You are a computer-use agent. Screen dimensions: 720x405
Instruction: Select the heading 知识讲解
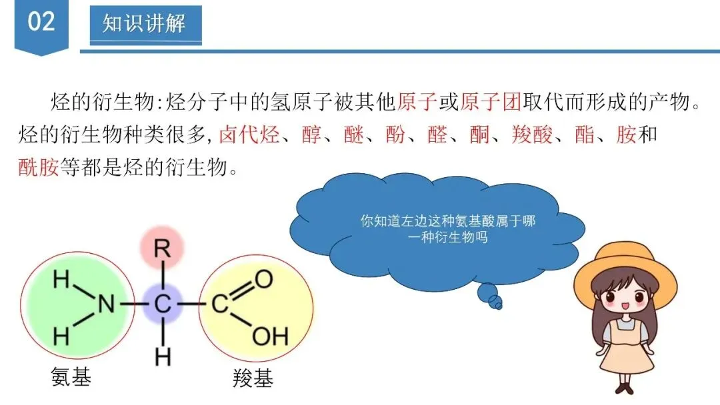145,24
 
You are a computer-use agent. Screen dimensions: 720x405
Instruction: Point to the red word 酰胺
39,166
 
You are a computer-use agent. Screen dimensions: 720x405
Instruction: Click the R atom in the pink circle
161,248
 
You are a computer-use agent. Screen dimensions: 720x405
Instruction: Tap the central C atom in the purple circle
162,304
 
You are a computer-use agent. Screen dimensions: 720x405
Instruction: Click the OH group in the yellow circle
271,335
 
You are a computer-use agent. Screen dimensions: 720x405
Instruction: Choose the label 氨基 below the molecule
71,377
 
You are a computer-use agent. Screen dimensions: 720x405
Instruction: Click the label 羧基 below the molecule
253,379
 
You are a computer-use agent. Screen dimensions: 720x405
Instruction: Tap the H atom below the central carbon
162,358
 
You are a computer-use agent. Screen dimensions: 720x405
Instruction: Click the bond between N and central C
133,304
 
